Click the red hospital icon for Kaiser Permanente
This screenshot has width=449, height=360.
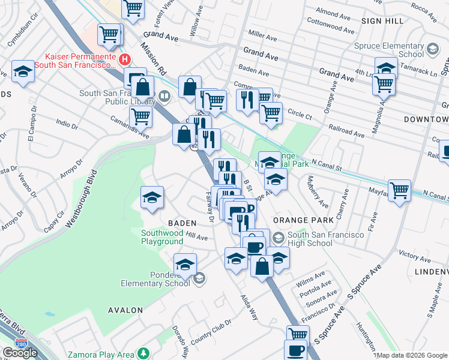tap(125, 59)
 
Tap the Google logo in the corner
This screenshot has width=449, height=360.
tap(20, 352)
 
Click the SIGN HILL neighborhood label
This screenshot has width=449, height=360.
tap(382, 20)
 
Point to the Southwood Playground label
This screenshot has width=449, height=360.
tap(162, 237)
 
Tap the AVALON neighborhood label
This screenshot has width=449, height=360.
tap(125, 310)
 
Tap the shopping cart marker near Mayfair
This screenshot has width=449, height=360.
tap(399, 191)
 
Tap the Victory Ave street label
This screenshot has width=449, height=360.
tap(415, 256)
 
